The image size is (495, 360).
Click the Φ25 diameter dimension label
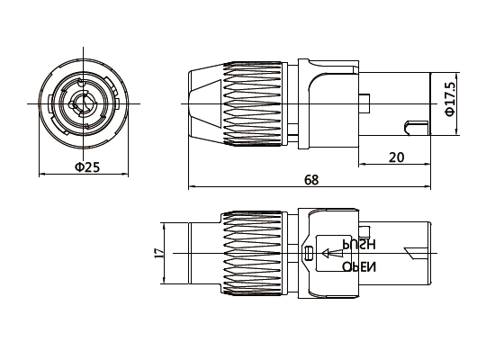point(86,167)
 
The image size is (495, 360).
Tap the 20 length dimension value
point(396,157)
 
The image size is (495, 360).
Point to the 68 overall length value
point(311,180)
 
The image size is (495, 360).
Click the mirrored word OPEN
point(359,267)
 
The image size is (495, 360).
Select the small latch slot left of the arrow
point(309,255)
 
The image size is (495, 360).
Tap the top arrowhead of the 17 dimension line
point(168,222)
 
